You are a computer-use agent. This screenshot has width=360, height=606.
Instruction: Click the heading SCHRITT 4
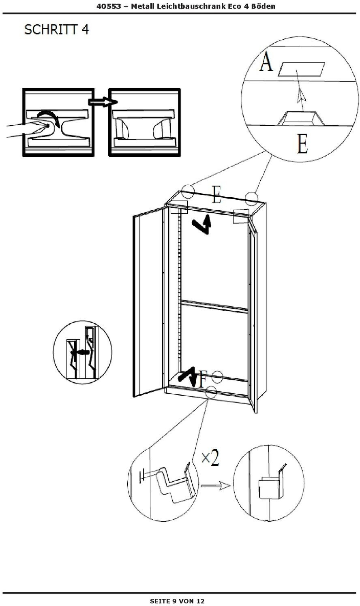click(x=56, y=30)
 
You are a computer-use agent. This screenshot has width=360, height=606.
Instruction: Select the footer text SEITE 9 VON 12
click(x=177, y=601)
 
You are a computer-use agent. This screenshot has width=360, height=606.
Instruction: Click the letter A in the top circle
click(x=266, y=62)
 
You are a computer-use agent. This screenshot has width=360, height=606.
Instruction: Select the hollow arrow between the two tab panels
click(x=100, y=102)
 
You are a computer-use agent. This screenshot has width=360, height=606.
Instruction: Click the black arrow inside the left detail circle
click(x=79, y=352)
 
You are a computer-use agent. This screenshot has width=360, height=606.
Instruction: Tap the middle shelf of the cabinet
click(x=214, y=306)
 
